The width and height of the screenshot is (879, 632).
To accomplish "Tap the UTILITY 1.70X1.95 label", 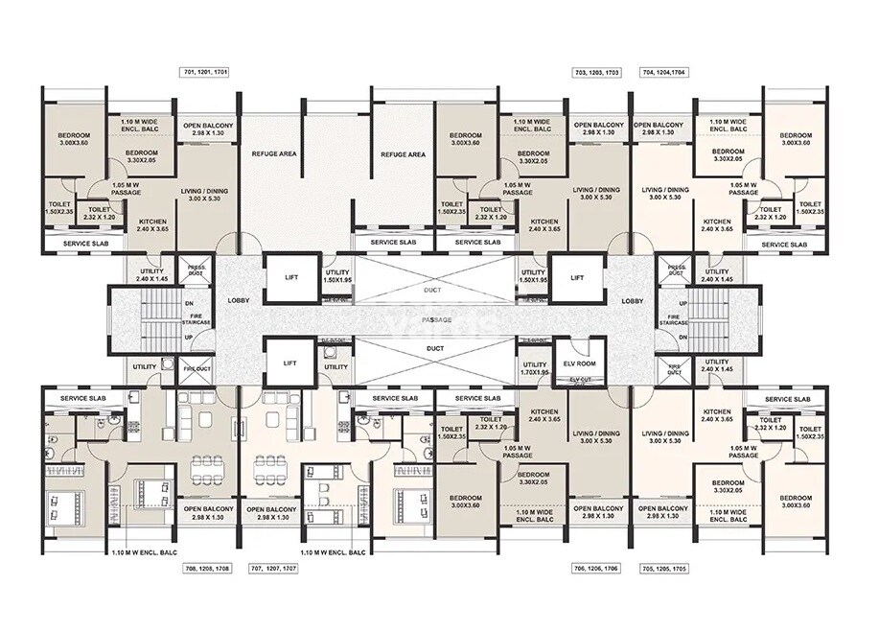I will click(x=534, y=368).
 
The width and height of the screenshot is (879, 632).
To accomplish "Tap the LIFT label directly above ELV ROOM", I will click(x=577, y=278).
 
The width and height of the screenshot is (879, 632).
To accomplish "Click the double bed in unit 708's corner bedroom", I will click(x=65, y=504).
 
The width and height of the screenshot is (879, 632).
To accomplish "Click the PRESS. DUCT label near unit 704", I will click(x=677, y=271).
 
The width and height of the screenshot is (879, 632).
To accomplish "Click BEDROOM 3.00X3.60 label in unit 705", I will click(x=795, y=502).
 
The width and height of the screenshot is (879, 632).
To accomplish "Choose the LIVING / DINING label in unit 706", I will click(x=596, y=437).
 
